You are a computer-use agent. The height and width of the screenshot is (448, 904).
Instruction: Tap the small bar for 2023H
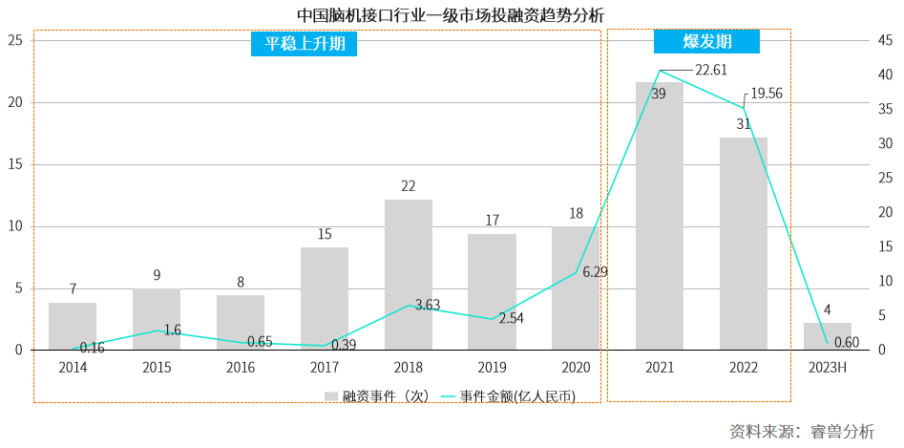click(827, 336)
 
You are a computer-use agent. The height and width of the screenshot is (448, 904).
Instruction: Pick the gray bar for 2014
click(73, 327)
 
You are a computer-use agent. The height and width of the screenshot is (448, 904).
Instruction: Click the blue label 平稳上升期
click(304, 43)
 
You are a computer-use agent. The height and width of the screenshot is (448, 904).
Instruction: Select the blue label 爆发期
click(706, 41)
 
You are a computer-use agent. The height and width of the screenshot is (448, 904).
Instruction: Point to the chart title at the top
click(451, 14)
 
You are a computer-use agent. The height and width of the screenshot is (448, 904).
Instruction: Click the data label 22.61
click(711, 70)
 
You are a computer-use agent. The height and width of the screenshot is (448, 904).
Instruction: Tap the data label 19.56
click(767, 94)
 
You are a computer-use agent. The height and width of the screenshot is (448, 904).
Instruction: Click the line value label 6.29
click(595, 272)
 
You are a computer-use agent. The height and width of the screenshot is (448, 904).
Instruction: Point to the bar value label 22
click(409, 186)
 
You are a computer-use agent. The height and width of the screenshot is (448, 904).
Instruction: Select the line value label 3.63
click(427, 305)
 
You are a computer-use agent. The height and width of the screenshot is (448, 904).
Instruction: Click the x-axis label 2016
click(241, 367)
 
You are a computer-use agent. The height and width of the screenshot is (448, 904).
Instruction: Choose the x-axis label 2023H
click(827, 367)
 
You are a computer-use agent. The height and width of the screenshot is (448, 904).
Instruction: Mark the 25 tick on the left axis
click(15, 41)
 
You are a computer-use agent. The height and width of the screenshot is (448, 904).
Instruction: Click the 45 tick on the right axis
click(886, 41)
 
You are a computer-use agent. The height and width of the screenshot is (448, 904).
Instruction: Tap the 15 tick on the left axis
click(15, 164)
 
